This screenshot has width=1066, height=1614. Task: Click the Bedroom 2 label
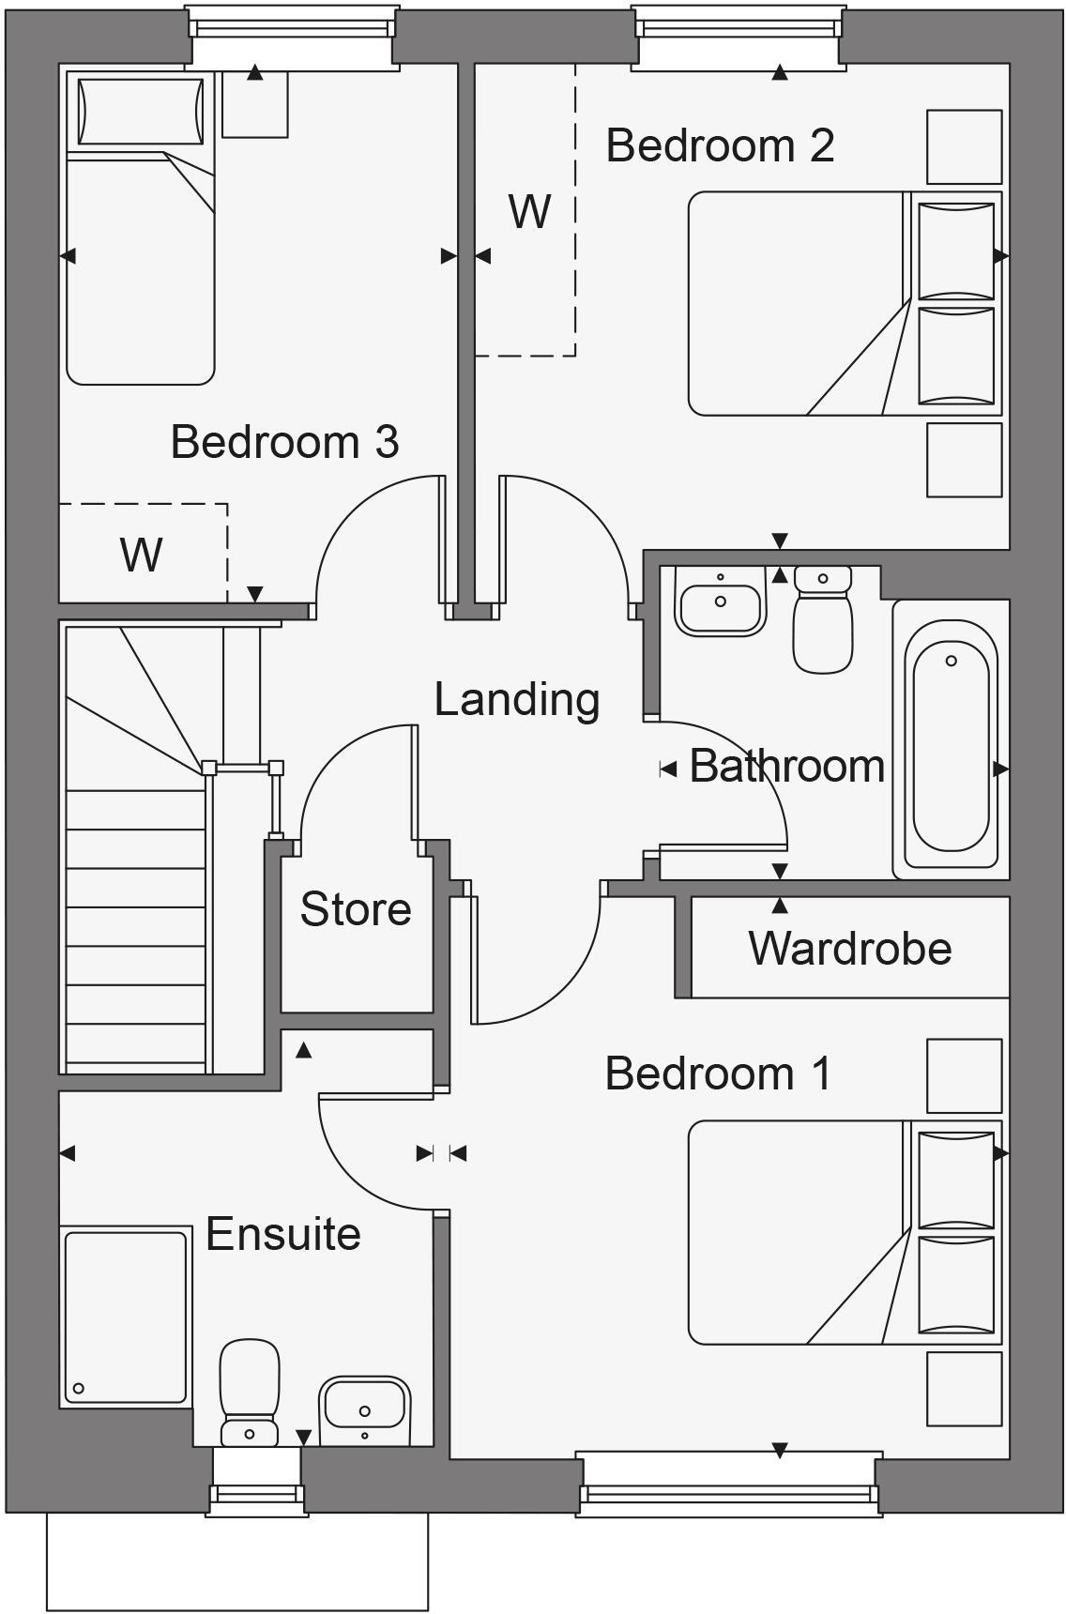point(720,145)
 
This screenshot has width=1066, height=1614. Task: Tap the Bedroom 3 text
point(284,442)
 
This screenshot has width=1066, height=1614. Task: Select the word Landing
point(517,700)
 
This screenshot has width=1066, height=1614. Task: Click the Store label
point(356,909)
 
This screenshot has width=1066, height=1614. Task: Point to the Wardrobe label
point(850,948)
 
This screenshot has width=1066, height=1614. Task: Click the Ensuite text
point(283,1234)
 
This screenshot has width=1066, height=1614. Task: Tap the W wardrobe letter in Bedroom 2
point(529,212)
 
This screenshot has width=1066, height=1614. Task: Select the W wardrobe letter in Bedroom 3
point(141,555)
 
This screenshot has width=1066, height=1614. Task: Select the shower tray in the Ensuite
point(126,1317)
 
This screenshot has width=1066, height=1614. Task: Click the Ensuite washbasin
point(364,1408)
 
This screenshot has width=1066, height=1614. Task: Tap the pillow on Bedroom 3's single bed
point(141,112)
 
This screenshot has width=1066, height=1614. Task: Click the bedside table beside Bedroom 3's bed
point(254,104)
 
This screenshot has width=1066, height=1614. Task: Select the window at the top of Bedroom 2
point(738,36)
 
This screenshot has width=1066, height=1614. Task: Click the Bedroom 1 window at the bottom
point(728,1483)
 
